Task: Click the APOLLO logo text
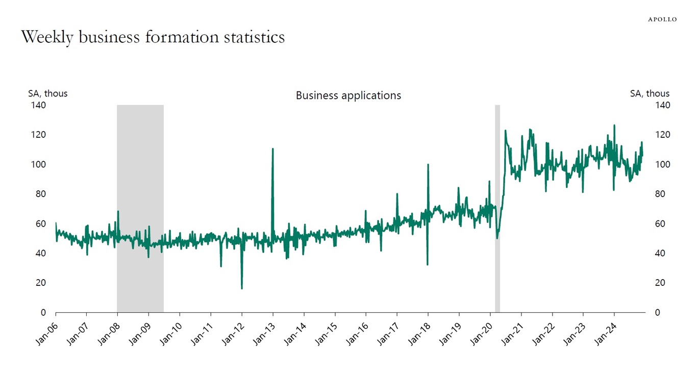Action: pos(662,19)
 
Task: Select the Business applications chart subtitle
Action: pos(348,95)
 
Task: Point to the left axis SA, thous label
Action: pos(47,93)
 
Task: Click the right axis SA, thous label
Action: pos(650,93)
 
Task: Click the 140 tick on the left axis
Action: pos(40,105)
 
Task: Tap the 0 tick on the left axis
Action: pos(43,312)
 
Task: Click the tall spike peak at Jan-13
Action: pos(273,149)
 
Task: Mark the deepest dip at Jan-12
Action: pos(242,288)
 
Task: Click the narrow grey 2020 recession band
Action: pos(497,204)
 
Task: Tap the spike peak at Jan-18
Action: pos(428,165)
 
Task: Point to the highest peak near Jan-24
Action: pos(614,125)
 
